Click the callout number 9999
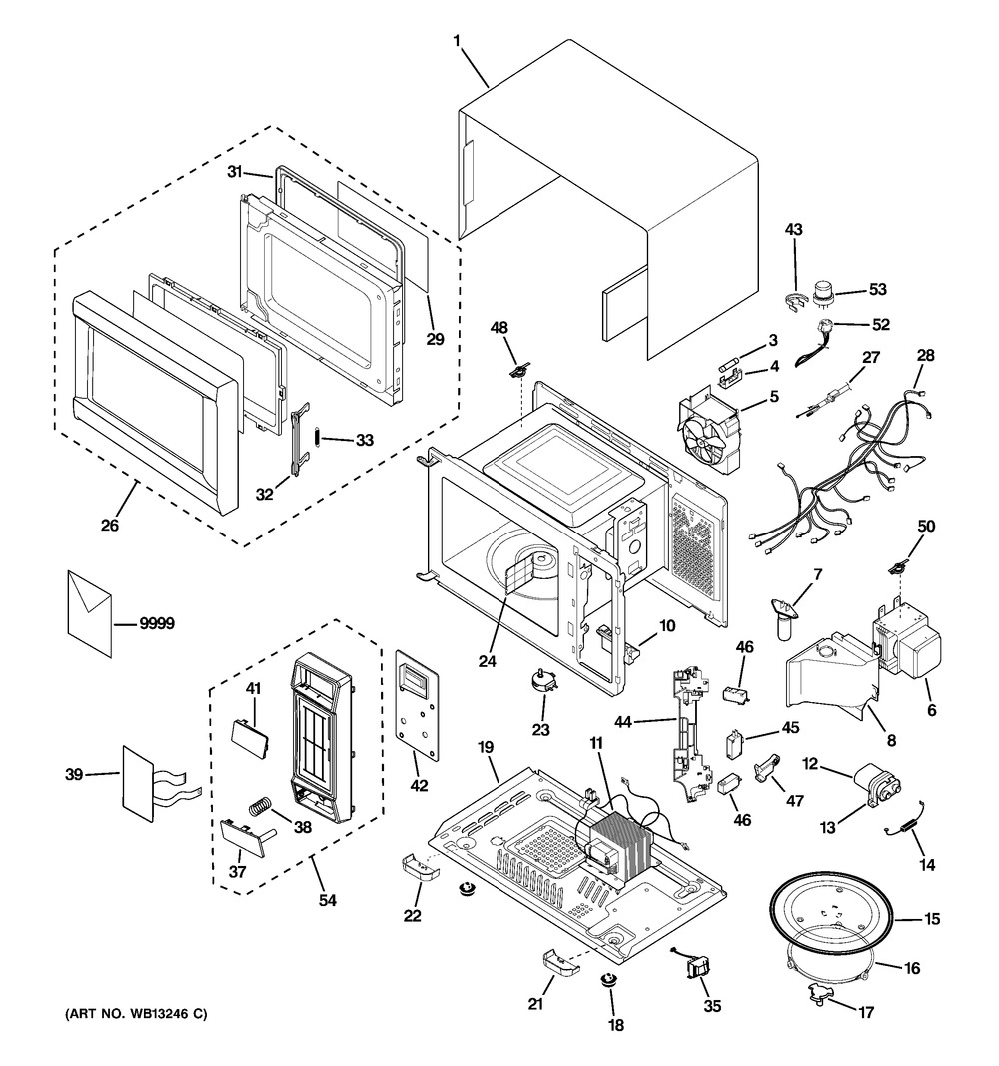157,624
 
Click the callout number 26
110,523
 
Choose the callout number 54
327,900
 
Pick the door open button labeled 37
243,830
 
